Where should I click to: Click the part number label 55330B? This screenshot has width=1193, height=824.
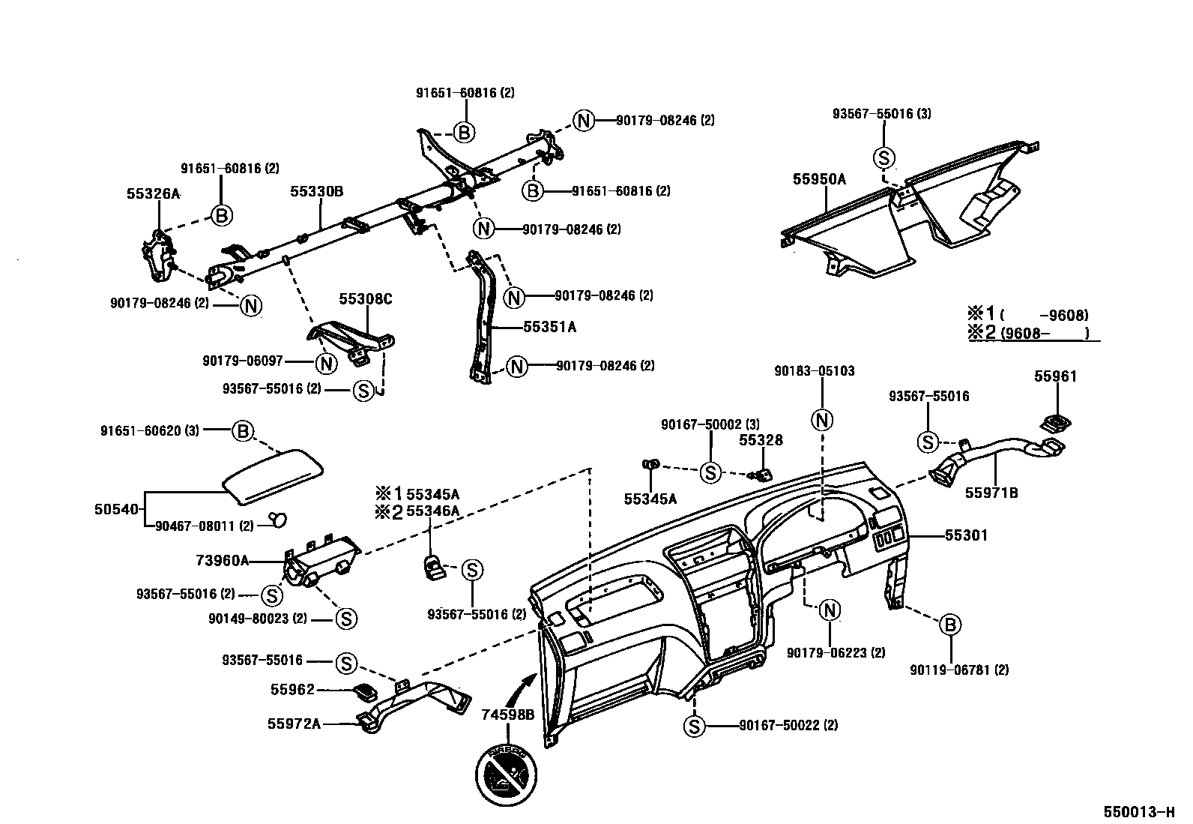[x=316, y=192]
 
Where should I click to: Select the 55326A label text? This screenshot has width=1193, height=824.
[x=153, y=193]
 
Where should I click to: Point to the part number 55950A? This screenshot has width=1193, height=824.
[x=819, y=179]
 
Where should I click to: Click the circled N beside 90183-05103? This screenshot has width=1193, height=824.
[x=823, y=420]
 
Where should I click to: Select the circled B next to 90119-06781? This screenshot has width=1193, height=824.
[x=949, y=625]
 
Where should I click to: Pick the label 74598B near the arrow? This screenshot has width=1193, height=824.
[x=508, y=715]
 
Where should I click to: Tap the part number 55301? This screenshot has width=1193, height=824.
[x=966, y=535]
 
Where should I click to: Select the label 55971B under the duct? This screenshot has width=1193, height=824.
[x=991, y=493]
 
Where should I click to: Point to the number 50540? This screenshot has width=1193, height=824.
[x=116, y=510]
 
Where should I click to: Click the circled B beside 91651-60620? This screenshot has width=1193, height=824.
[x=242, y=431]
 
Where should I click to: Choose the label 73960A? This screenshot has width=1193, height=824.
[x=223, y=560]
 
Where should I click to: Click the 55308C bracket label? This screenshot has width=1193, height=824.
[x=366, y=299]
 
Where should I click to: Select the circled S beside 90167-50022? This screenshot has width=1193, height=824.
[x=695, y=725]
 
